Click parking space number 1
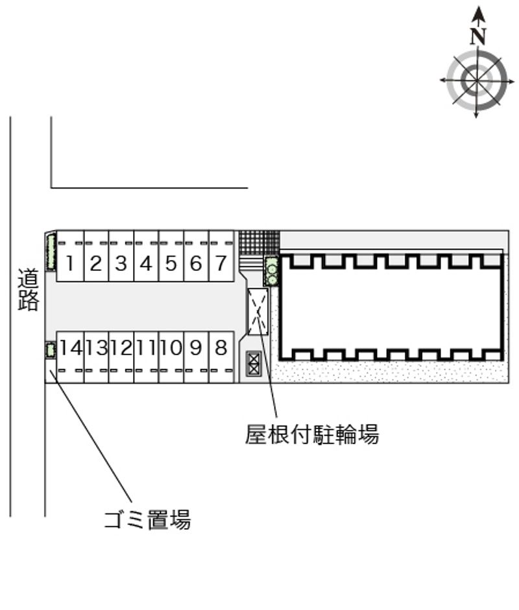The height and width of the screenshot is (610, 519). (x=71, y=256)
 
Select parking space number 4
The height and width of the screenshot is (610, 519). (x=146, y=256)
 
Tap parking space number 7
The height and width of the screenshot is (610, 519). (x=221, y=256)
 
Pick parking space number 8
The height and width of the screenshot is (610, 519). (x=221, y=357)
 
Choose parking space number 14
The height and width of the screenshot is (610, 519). (x=71, y=357)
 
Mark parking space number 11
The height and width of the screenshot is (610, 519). (x=146, y=357)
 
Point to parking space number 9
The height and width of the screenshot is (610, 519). (x=196, y=357)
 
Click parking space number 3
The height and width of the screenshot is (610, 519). (x=121, y=256)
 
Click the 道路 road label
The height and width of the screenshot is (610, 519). (x=29, y=290)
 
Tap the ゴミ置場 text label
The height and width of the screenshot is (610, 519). (x=147, y=520)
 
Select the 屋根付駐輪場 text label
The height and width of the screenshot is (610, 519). (x=312, y=434)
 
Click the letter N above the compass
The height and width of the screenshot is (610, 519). (x=478, y=36)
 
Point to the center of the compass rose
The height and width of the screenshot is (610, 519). (x=477, y=80)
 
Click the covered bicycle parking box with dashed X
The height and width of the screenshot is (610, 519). (x=258, y=311)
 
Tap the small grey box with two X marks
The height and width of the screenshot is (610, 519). (x=254, y=364)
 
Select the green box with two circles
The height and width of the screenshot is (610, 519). (x=272, y=271)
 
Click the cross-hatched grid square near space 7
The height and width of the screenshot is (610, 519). (x=259, y=242)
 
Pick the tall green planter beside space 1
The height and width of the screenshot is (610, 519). (x=51, y=252)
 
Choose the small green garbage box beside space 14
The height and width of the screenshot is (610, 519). (x=50, y=350)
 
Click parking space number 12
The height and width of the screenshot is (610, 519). (x=121, y=357)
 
